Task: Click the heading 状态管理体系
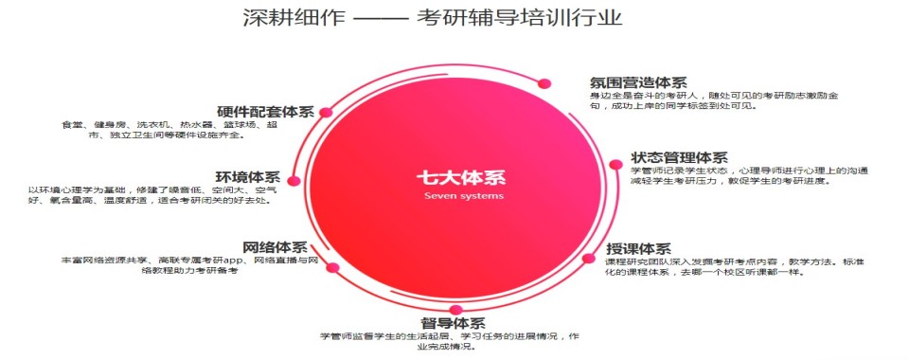point(679,157)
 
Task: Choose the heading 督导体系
point(454,324)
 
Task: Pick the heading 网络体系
point(276,246)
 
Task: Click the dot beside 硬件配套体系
point(326,112)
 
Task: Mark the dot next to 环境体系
point(294,179)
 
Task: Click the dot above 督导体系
point(455,311)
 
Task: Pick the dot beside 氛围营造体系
point(544,82)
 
